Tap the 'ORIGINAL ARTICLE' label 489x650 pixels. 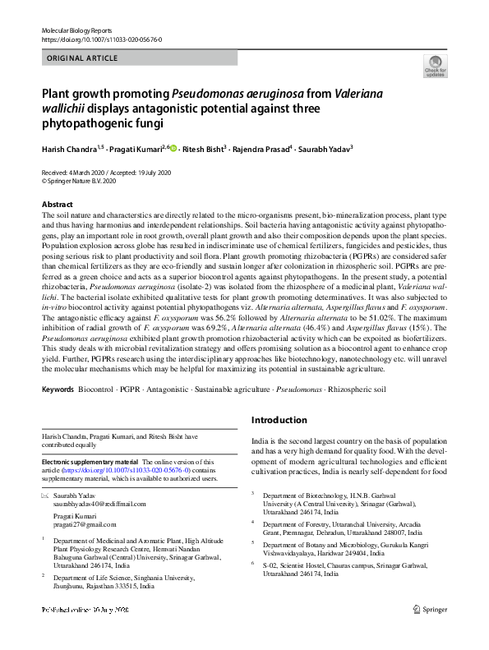pyautogui.click(x=82, y=58)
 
